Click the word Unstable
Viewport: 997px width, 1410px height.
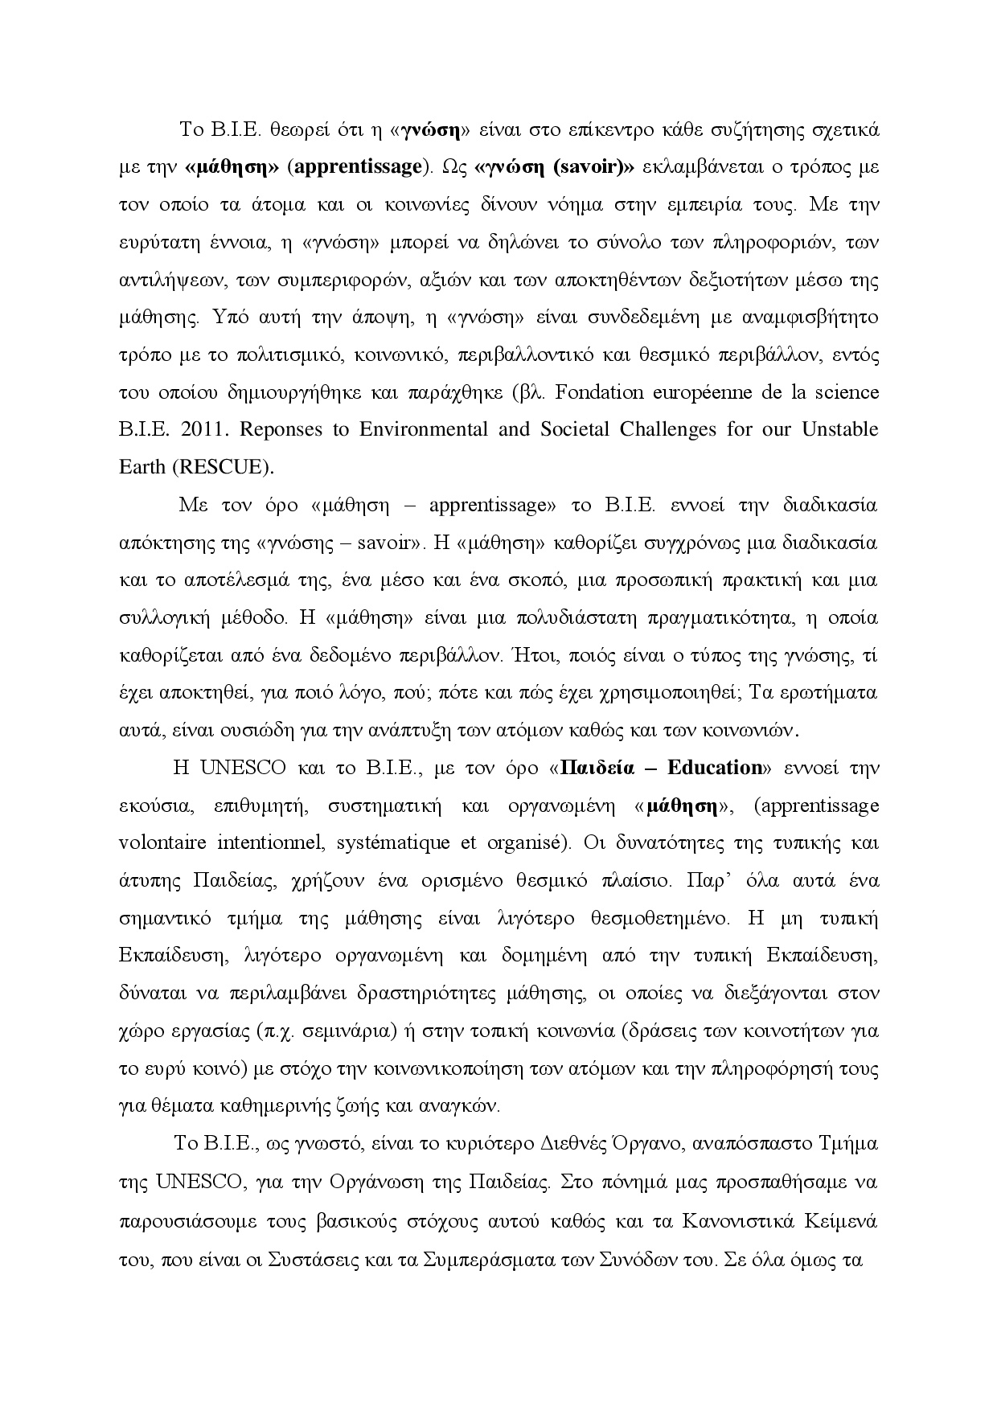[x=839, y=429]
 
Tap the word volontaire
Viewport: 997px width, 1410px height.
[x=163, y=842]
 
